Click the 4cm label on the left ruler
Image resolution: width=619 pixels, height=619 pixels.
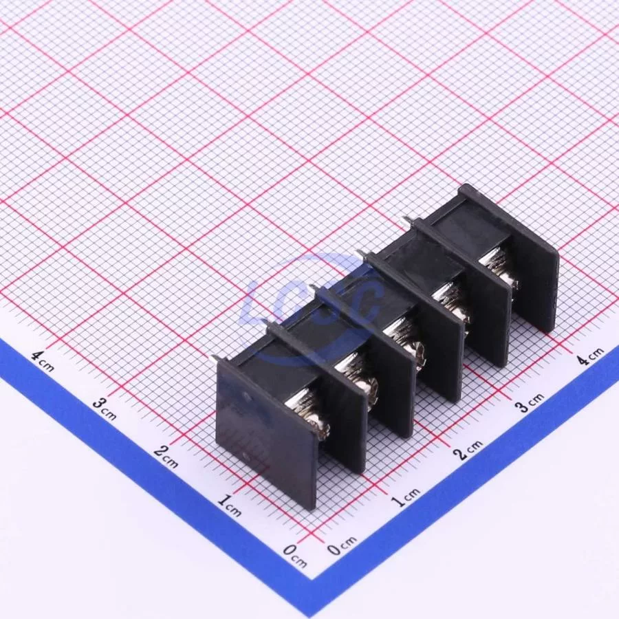coord(42,362)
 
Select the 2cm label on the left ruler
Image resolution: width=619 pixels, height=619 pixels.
coord(166,457)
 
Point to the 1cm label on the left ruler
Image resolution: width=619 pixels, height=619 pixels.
coord(230,506)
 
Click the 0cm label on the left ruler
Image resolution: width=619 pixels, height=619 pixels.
coord(295,555)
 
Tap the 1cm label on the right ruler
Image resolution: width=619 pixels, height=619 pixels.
coord(405,497)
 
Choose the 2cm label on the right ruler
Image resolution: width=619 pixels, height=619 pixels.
coord(470,449)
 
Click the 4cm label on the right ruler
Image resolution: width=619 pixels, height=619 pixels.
coord(590,356)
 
